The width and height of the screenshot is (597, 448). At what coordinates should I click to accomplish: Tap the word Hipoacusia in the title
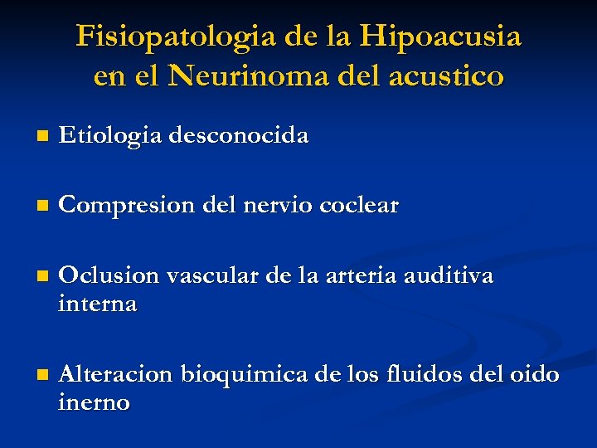pos(441,37)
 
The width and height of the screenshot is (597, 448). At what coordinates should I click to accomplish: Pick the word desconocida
pos(239,135)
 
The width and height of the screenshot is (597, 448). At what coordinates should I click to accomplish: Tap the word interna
pos(98,304)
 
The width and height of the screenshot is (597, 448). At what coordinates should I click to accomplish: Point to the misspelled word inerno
pos(95,403)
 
